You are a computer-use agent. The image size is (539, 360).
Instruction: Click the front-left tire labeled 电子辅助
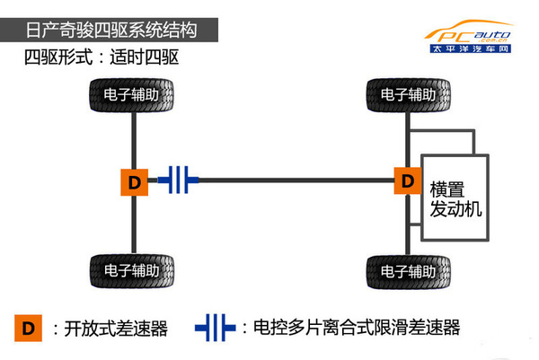point(134,93)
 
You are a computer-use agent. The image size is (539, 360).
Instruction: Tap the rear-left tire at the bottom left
point(134,269)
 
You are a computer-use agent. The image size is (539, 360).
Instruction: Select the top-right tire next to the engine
point(409,93)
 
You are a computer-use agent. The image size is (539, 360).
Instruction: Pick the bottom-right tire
point(409,269)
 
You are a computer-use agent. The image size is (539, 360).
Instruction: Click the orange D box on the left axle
point(134,181)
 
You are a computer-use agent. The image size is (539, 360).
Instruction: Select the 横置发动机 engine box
point(455,198)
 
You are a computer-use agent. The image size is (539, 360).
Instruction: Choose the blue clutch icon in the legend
point(216,328)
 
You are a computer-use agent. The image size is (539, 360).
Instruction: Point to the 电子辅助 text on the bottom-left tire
point(134,269)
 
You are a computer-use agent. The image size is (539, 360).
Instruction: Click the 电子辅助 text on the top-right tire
point(409,93)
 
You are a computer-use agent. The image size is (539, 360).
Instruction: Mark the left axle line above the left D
point(134,139)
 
